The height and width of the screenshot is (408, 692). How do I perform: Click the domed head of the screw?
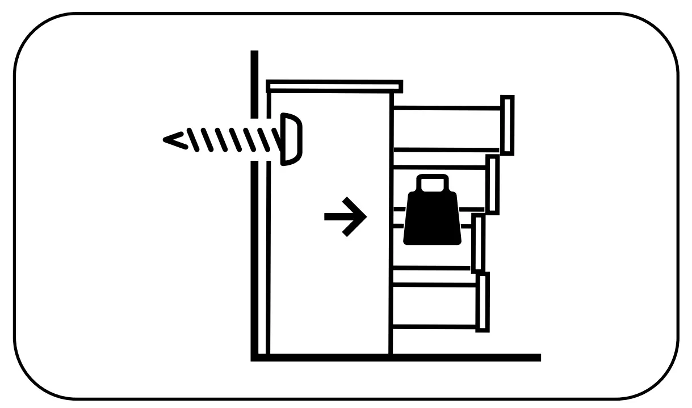[291, 139]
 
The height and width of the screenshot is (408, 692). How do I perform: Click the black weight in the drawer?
[433, 216]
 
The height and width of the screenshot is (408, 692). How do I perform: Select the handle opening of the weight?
[433, 184]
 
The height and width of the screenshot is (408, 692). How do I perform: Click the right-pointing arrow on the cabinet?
[345, 217]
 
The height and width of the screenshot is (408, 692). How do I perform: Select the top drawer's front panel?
[507, 125]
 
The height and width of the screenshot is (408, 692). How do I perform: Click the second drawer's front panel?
[493, 185]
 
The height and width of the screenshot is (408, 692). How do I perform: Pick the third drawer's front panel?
[479, 243]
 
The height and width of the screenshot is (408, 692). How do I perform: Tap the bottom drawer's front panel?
[483, 302]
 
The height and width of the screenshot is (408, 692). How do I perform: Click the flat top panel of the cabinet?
[334, 86]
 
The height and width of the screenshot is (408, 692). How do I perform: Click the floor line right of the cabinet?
[465, 357]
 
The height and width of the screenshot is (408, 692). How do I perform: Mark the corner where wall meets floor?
[255, 357]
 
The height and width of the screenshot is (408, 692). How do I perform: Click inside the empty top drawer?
[446, 128]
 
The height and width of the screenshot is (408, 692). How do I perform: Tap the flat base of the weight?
[433, 242]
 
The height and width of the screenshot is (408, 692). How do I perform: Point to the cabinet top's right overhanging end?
[397, 87]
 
